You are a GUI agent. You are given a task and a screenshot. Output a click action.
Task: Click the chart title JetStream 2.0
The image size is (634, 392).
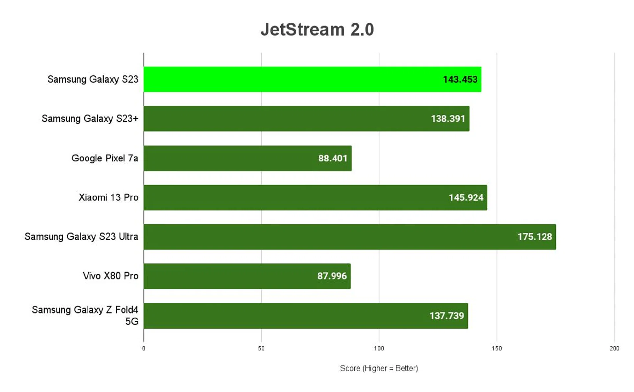click(317, 30)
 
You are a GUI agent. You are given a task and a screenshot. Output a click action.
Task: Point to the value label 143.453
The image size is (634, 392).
click(460, 79)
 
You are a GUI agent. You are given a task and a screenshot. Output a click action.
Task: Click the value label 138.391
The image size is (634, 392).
click(448, 119)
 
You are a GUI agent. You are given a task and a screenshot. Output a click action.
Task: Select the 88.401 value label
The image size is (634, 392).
click(333, 158)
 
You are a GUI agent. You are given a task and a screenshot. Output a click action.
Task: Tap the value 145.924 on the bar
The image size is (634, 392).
click(466, 197)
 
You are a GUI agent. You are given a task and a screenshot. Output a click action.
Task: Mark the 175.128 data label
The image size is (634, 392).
click(535, 237)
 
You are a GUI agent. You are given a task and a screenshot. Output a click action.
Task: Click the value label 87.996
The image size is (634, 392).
click(332, 276)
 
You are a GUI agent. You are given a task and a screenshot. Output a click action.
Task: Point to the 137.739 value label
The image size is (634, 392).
click(446, 316)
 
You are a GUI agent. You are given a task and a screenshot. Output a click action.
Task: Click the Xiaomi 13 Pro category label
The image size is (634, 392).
click(108, 197)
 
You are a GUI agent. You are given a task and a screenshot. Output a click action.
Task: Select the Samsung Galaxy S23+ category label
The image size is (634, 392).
click(90, 119)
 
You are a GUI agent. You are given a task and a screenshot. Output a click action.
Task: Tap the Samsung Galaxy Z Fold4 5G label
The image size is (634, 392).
click(85, 315)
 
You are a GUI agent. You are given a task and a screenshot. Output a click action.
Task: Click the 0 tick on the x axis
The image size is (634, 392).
click(144, 348)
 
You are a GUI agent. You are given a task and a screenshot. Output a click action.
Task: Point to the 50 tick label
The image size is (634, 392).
click(261, 348)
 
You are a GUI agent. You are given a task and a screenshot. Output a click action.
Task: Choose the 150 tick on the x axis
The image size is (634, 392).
click(497, 348)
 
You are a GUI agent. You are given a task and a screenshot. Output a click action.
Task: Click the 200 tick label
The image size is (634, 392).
click(614, 348)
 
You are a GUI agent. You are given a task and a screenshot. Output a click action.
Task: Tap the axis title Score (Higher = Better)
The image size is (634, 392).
click(379, 368)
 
